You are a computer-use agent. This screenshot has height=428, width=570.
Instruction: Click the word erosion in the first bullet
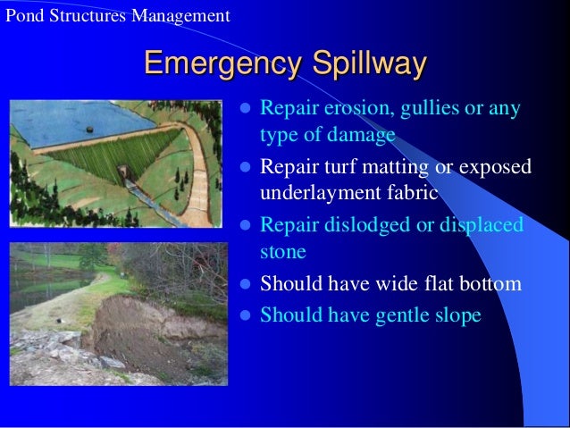click(344, 111)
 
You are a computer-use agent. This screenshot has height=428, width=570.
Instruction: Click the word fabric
click(408, 193)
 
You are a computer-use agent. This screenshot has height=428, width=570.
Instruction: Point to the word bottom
click(489, 285)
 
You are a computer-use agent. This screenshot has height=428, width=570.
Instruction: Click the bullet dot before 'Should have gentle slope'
click(247, 315)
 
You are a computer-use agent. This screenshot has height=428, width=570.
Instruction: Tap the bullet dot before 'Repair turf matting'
click(247, 167)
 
